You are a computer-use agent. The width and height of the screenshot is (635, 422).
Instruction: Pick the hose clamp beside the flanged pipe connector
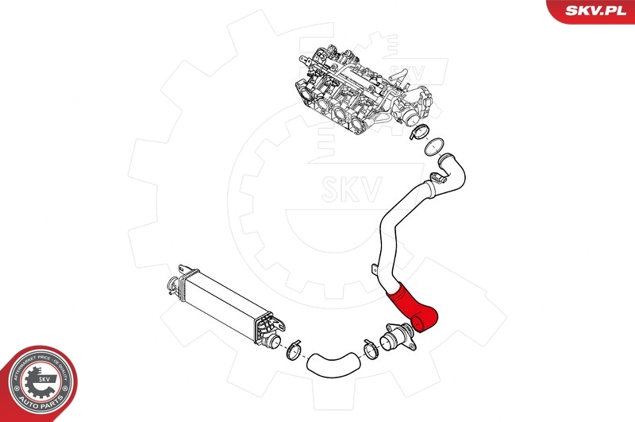click(x=368, y=347)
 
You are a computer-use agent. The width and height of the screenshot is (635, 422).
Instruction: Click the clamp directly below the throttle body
click(x=421, y=133)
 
